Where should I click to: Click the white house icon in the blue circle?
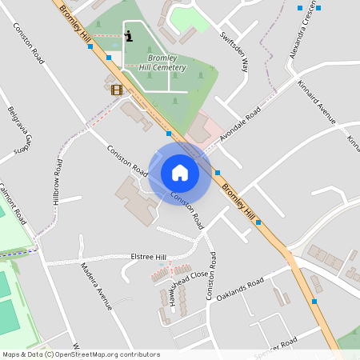180,172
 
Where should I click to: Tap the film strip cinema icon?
117,90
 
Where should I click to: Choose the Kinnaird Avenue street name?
316,103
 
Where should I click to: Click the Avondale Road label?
241,126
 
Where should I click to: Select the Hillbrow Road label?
58,179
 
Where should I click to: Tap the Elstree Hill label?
148,257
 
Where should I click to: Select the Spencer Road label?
275,345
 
